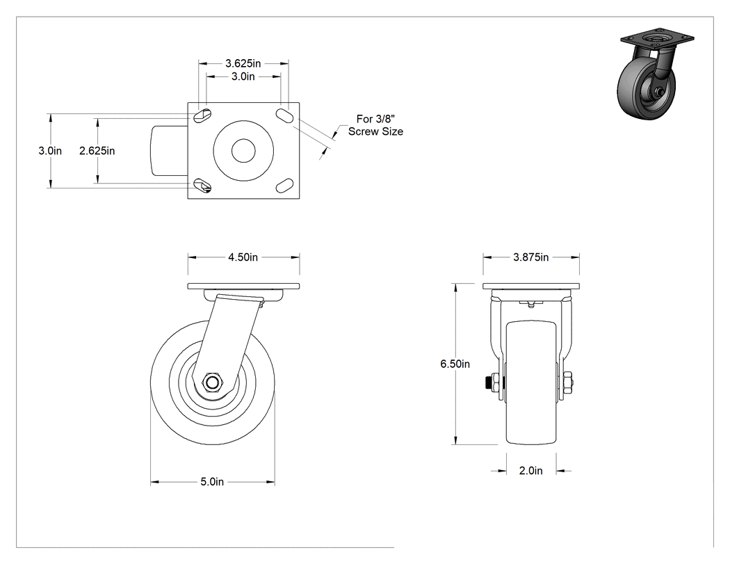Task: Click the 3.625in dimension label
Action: pyautogui.click(x=243, y=63)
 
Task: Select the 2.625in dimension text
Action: pyautogui.click(x=97, y=150)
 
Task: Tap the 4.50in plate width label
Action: pyautogui.click(x=243, y=257)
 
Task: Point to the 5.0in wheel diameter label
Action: pyautogui.click(x=212, y=481)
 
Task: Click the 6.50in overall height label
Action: pyautogui.click(x=455, y=364)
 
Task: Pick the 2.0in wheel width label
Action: pyautogui.click(x=530, y=470)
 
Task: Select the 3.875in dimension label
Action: pyautogui.click(x=530, y=257)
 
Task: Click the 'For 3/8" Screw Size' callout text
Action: pyautogui.click(x=375, y=125)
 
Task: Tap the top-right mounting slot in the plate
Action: pyautogui.click(x=284, y=115)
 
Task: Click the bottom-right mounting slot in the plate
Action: pyautogui.click(x=284, y=186)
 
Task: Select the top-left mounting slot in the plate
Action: pyautogui.click(x=202, y=115)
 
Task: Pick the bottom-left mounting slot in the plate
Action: pyautogui.click(x=202, y=186)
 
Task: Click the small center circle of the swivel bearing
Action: pyautogui.click(x=243, y=150)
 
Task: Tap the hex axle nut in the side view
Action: pyautogui.click(x=212, y=382)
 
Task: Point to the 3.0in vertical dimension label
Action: pyautogui.click(x=50, y=150)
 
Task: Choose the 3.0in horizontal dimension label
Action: pyautogui.click(x=243, y=76)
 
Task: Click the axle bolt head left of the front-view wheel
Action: pyautogui.click(x=494, y=383)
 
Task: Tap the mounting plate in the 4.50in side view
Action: pyautogui.click(x=243, y=286)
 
